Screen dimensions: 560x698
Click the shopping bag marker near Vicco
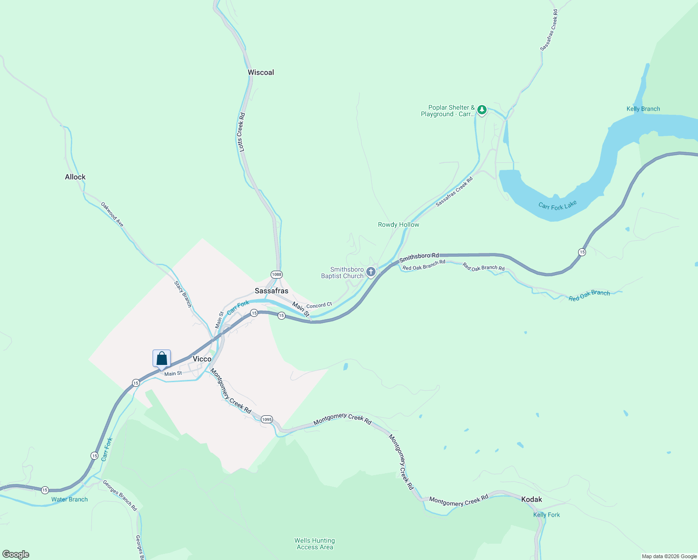click(161, 358)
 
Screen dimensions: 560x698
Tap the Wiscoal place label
click(261, 72)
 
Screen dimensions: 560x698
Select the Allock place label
click(75, 177)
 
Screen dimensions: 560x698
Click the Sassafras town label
click(272, 291)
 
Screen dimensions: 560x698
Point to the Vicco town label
click(202, 359)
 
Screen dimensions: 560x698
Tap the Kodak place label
click(531, 499)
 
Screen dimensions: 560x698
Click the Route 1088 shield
click(277, 274)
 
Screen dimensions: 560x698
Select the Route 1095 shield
click(266, 419)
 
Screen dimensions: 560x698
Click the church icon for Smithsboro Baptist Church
click(371, 272)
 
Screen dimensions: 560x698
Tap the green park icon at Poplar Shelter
click(482, 110)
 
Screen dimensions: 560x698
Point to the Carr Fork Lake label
click(558, 205)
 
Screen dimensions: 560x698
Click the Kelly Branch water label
click(643, 109)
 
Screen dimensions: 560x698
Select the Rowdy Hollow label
click(398, 224)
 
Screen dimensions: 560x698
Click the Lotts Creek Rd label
click(241, 132)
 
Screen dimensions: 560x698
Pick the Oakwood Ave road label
click(112, 214)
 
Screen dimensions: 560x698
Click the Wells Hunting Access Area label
click(314, 544)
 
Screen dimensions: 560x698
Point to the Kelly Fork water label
click(546, 515)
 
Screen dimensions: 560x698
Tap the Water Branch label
click(70, 499)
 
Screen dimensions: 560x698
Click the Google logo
click(16, 554)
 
